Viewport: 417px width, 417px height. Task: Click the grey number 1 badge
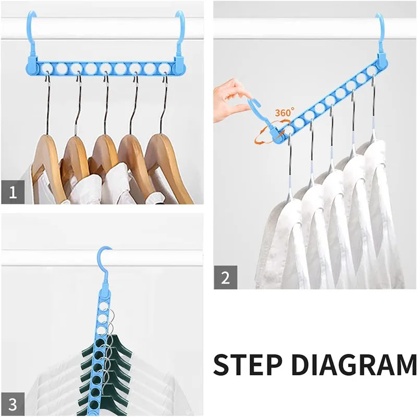click(x=13, y=192)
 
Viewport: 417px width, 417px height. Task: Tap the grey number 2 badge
click(x=225, y=277)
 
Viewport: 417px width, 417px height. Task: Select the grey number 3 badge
click(x=13, y=404)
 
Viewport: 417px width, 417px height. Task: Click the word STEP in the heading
click(x=247, y=364)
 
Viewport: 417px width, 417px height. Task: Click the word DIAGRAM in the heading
click(x=354, y=364)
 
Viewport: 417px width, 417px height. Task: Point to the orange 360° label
click(x=285, y=112)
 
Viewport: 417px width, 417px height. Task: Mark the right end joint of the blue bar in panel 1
click(x=180, y=67)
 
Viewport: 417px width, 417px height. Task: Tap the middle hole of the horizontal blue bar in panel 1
click(x=106, y=68)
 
